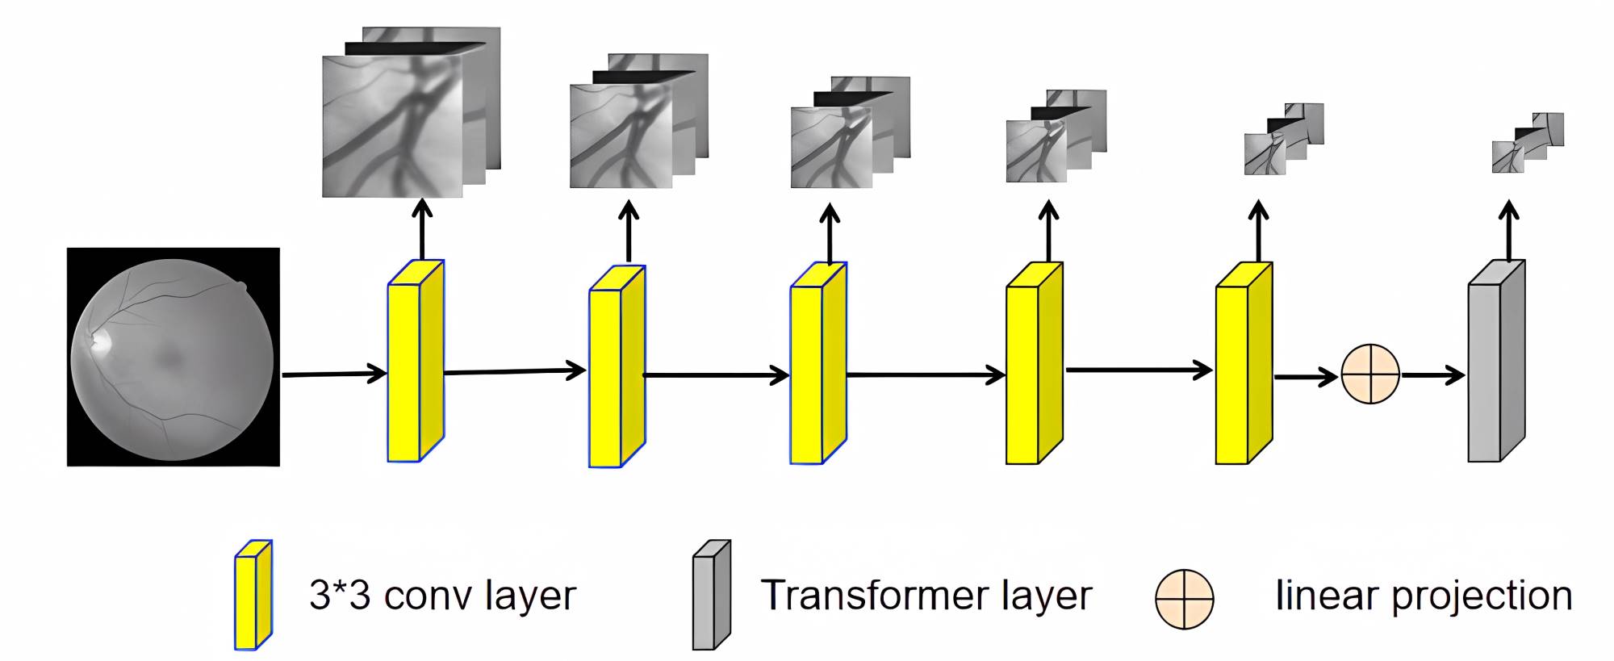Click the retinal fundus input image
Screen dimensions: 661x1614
pos(173,357)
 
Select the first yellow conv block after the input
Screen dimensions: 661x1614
pos(416,362)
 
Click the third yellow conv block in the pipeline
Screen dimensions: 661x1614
pos(817,363)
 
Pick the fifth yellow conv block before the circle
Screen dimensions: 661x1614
pos(1244,363)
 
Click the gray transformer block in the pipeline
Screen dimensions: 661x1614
pos(1495,362)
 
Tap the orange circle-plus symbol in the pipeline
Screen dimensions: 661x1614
pos(1369,374)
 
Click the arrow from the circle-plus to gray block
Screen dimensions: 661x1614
pos(1433,374)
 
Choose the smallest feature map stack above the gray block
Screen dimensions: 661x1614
pos(1527,143)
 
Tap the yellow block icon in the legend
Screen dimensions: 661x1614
pos(253,595)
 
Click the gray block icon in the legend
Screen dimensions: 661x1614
pos(711,595)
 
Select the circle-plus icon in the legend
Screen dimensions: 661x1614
pos(1184,599)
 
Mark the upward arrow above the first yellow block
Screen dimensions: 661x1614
pos(421,229)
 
